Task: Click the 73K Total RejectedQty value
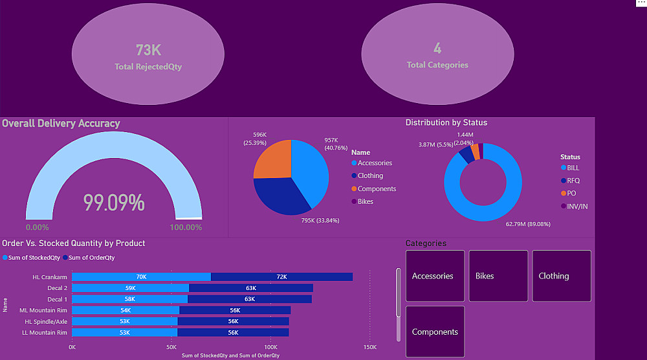coord(148,50)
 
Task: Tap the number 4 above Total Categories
coord(437,49)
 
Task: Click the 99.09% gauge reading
coord(114,203)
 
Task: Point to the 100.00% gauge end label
coord(186,227)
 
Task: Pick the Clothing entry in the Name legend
coord(370,175)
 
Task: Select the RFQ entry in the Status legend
coord(573,181)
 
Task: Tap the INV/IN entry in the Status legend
coord(577,207)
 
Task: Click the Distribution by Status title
coord(446,122)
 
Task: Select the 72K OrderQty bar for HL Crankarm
coord(281,276)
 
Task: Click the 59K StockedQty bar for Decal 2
coord(130,287)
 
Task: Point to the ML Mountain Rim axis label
coord(43,310)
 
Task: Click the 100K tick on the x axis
coord(270,347)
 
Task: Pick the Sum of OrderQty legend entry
coord(92,258)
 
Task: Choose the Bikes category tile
coord(498,276)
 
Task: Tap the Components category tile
coord(435,332)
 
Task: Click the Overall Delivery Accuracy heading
coord(61,123)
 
